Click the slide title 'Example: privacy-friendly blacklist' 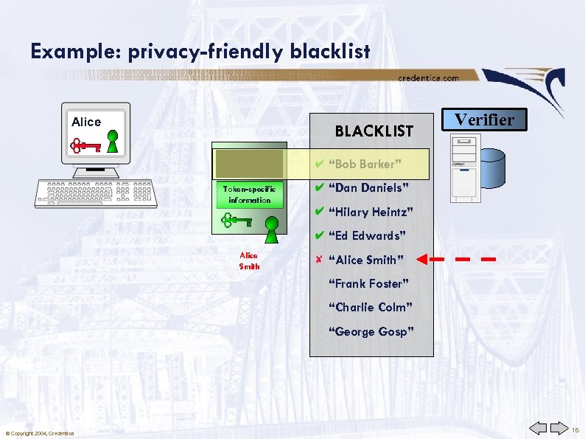pos(200,51)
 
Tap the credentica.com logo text pos(428,77)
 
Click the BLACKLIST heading pos(374,131)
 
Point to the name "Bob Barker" pos(362,165)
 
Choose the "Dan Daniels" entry pos(367,188)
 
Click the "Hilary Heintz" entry pos(370,212)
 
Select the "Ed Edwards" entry pos(366,236)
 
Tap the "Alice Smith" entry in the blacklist pos(366,260)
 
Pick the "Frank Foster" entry pos(368,283)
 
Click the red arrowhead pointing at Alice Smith pos(423,259)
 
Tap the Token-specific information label pos(249,195)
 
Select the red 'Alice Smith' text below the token pos(249,260)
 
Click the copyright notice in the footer pos(39,432)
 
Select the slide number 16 pos(575,429)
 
